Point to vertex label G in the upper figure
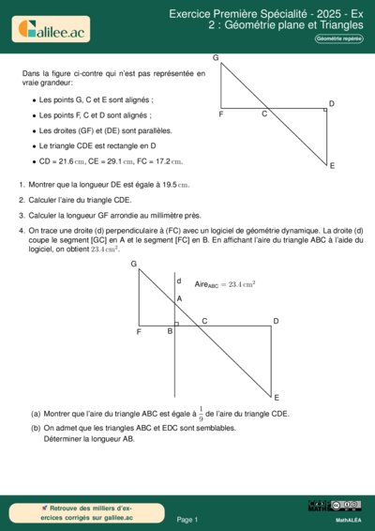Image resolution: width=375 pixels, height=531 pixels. point(216,59)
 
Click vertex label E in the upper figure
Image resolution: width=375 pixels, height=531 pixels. point(332,166)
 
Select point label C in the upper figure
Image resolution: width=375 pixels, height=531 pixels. point(264,114)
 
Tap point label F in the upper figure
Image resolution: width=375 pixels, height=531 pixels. point(221,114)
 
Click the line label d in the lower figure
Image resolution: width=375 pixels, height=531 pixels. point(179,281)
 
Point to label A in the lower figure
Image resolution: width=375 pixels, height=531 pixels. point(180,299)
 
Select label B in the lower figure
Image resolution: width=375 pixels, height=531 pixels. point(170,331)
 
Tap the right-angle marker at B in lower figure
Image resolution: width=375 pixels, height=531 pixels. point(175,323)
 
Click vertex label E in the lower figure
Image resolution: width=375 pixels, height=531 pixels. point(277,398)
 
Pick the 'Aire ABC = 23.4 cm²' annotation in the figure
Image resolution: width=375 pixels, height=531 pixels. point(225,283)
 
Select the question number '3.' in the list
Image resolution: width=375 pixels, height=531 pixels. point(22,215)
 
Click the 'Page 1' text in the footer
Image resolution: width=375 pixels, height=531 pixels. point(187,519)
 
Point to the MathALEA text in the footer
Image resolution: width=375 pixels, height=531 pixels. point(349,519)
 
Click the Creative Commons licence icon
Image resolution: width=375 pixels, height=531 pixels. point(335,507)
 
